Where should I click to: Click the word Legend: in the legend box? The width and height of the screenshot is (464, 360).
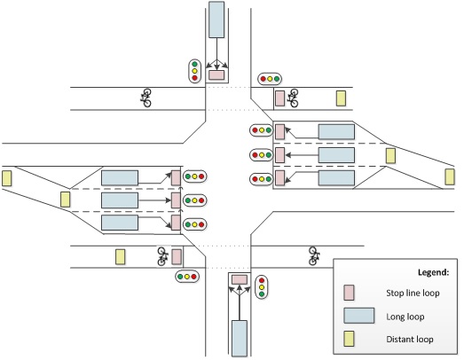[x=433, y=272]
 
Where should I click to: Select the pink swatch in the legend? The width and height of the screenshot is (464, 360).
[x=349, y=293]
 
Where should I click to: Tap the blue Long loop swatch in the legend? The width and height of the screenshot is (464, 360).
[x=359, y=316]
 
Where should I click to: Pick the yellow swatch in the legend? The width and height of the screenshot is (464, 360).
[x=349, y=339]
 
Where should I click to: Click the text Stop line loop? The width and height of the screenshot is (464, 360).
[x=413, y=293]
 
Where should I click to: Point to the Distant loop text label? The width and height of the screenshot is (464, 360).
[x=410, y=339]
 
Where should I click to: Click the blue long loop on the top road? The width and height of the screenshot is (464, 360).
[x=216, y=20]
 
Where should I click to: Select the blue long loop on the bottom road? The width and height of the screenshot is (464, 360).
[x=240, y=338]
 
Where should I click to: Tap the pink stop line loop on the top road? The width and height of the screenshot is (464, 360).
[x=216, y=74]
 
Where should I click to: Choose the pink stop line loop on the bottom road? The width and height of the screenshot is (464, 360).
[x=240, y=279]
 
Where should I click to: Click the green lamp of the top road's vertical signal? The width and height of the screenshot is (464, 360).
[x=194, y=64]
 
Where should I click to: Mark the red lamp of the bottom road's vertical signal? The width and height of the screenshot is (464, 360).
[x=262, y=280]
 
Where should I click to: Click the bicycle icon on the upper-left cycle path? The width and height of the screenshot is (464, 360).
[x=145, y=98]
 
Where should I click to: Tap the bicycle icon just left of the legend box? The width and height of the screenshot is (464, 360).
[x=313, y=256]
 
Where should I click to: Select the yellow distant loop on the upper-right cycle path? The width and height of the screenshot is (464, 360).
[x=341, y=98]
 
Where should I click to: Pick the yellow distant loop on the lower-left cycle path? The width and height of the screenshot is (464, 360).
[x=120, y=257]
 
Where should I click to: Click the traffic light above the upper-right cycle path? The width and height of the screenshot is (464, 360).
[x=270, y=79]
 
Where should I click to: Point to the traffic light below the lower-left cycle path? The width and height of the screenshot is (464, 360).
[x=187, y=277]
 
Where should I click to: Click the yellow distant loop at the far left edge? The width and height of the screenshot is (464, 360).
[x=6, y=178]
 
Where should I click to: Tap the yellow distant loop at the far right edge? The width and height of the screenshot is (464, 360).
[x=450, y=176]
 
